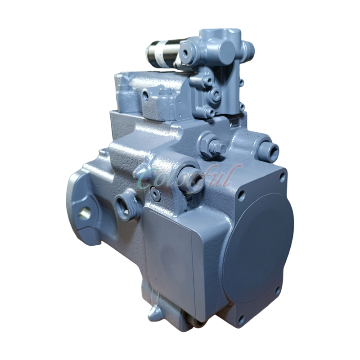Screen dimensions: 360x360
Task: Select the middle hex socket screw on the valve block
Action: click(x=215, y=94)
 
